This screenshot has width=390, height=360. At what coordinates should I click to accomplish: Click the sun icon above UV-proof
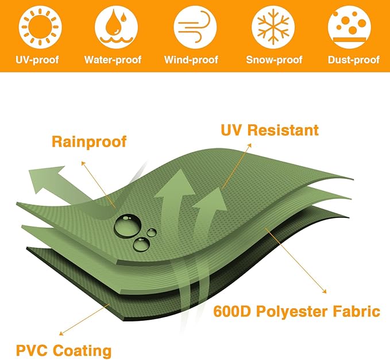click(40, 27)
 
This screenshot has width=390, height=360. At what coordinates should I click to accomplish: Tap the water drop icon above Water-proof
click(116, 27)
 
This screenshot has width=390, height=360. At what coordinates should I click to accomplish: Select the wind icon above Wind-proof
click(195, 27)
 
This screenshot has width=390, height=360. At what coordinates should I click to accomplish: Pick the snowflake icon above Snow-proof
click(273, 27)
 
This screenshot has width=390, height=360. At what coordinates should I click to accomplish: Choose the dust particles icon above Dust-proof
click(349, 27)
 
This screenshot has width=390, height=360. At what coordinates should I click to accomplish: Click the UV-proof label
click(37, 60)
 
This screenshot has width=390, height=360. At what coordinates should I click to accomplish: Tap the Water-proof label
click(113, 60)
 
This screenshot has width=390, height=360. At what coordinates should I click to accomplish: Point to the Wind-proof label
click(191, 60)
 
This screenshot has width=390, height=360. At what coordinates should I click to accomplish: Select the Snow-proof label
click(274, 60)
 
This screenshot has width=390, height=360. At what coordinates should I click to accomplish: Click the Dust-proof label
click(354, 60)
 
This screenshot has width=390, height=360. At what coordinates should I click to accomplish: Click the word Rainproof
click(89, 142)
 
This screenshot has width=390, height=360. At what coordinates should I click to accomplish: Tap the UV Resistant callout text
click(269, 130)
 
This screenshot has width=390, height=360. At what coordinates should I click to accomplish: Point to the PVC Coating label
click(64, 351)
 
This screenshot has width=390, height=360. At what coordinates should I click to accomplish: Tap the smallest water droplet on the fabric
click(151, 233)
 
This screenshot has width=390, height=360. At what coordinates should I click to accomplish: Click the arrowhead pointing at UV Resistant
click(249, 145)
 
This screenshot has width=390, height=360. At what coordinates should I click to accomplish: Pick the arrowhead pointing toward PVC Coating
click(61, 334)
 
